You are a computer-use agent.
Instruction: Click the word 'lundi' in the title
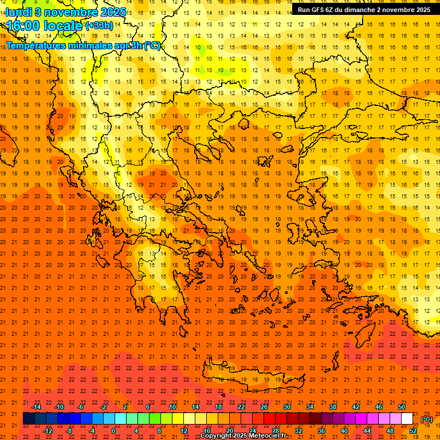click(x=18, y=12)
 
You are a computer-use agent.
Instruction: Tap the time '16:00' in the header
click(x=24, y=26)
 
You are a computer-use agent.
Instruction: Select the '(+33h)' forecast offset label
click(x=99, y=26)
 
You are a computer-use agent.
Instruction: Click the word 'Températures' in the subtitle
click(x=36, y=46)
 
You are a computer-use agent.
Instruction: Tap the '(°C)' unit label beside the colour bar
click(x=427, y=419)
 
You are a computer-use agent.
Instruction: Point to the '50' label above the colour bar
click(x=402, y=407)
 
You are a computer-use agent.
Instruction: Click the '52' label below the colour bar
click(x=413, y=431)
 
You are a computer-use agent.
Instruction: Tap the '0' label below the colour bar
click(x=113, y=431)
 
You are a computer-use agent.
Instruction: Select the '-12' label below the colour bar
click(x=48, y=431)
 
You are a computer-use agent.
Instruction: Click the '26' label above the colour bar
click(x=264, y=407)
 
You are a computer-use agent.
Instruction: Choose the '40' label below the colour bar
click(x=344, y=431)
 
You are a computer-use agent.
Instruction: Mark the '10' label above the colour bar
click(x=172, y=407)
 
